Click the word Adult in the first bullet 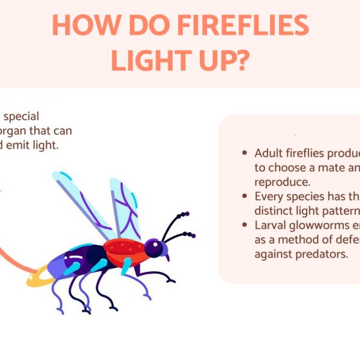click(268, 154)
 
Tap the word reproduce click(281, 181)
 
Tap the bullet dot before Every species click(244, 196)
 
